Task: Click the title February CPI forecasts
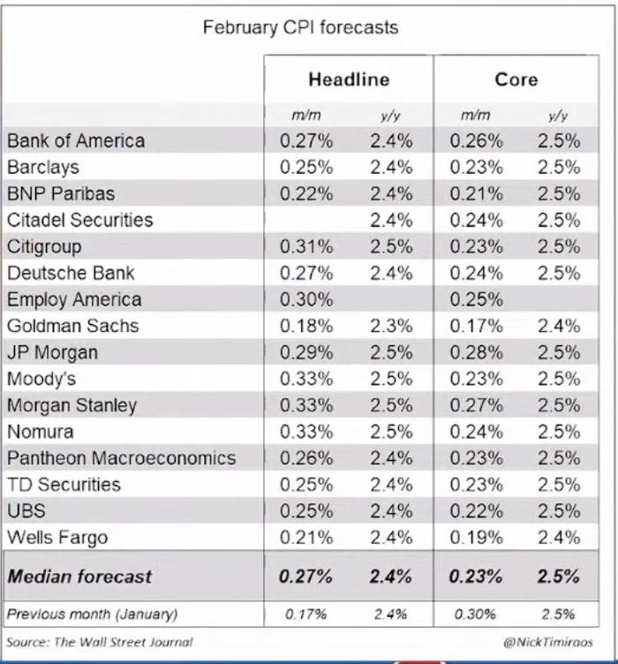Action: point(300,28)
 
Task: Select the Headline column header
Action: point(349,79)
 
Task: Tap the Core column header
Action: point(516,79)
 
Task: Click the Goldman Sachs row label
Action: point(72,326)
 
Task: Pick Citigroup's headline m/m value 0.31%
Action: point(306,246)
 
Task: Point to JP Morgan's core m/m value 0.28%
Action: point(476,352)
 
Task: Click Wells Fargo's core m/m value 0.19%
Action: point(476,538)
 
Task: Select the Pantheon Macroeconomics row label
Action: point(122,458)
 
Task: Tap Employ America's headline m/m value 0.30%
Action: point(306,299)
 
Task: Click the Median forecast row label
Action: point(79,577)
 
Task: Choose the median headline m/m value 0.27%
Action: point(305,577)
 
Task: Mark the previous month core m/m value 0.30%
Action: point(475,614)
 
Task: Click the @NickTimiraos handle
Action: point(548,642)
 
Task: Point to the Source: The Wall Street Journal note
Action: point(100,642)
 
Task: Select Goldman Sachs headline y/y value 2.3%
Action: point(391,326)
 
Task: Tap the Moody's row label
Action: point(41,379)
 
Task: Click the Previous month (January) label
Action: point(93,614)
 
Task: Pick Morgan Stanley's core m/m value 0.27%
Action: point(476,405)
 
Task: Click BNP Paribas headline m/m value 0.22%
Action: point(306,193)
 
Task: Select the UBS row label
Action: point(26,510)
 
